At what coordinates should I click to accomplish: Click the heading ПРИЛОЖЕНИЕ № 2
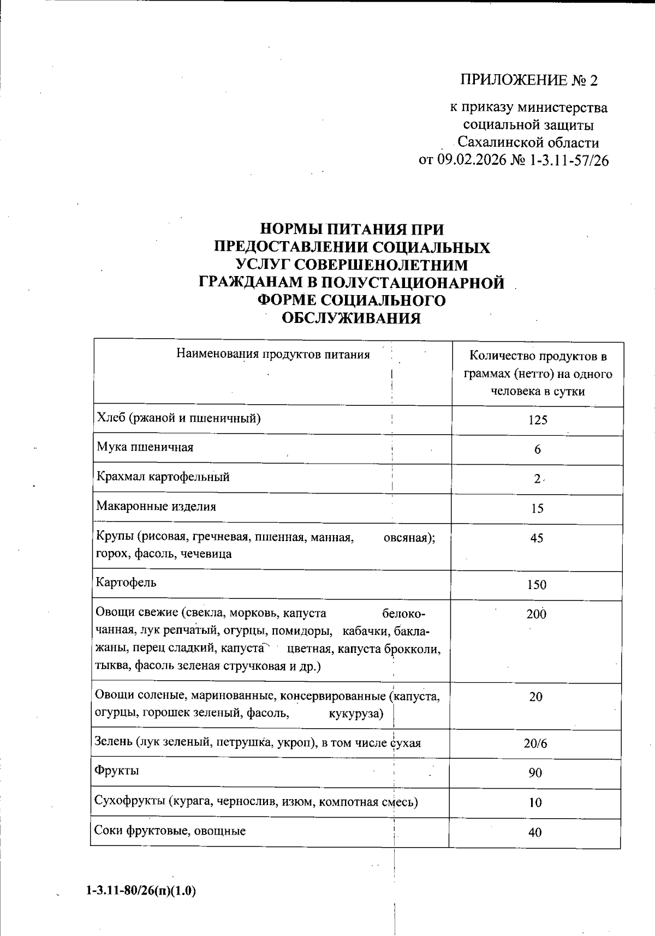[529, 81]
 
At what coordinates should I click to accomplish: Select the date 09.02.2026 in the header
[473, 160]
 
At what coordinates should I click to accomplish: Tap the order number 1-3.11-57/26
[568, 160]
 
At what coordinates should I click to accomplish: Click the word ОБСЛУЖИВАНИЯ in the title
[351, 319]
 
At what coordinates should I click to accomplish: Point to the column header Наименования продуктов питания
[273, 355]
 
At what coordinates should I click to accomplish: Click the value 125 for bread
[537, 420]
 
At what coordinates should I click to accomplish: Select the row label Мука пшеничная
[145, 447]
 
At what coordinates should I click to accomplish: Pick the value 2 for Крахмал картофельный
[537, 479]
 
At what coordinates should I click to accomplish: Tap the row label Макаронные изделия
[156, 506]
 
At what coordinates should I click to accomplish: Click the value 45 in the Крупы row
[537, 538]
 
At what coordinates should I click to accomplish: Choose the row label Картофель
[126, 582]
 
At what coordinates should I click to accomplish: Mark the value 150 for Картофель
[537, 585]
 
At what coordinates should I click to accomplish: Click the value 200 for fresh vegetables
[536, 614]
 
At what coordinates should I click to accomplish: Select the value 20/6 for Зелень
[535, 743]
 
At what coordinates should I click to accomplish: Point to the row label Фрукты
[117, 770]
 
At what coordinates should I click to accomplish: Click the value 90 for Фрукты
[535, 773]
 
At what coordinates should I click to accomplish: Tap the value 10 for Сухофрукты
[535, 802]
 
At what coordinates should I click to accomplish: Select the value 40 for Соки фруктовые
[535, 832]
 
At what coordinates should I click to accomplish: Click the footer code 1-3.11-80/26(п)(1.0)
[141, 891]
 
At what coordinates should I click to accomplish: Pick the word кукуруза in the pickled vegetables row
[356, 714]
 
